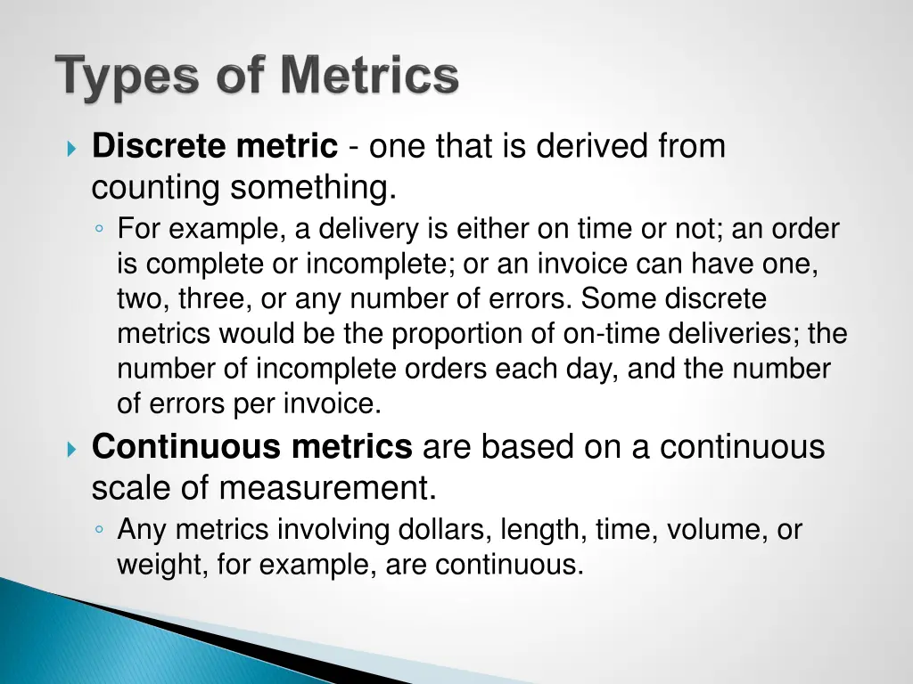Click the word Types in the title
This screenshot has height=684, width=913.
tap(124, 77)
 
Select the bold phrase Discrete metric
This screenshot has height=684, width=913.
tap(215, 146)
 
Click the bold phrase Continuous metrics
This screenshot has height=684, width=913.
tap(252, 447)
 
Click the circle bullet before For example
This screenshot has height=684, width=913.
tap(99, 230)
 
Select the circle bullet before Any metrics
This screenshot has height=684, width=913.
tap(99, 531)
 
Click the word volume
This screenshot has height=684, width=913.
tap(714, 531)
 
